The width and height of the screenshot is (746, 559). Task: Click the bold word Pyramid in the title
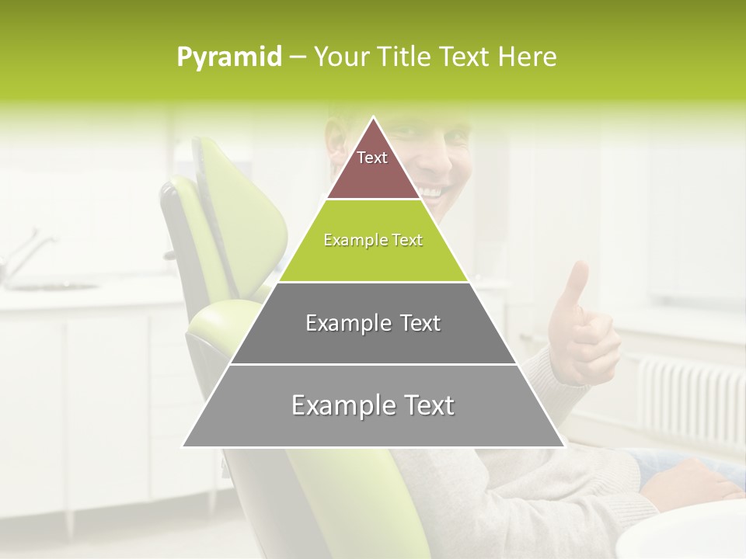click(229, 57)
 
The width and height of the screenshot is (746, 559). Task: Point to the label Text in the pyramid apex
click(372, 158)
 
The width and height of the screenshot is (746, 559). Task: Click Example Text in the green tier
click(373, 240)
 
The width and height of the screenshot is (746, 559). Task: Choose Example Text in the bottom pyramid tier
click(373, 405)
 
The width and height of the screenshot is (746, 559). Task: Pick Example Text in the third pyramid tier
click(373, 323)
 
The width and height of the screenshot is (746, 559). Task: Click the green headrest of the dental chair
click(233, 225)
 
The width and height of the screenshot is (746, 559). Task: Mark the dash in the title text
click(297, 57)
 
